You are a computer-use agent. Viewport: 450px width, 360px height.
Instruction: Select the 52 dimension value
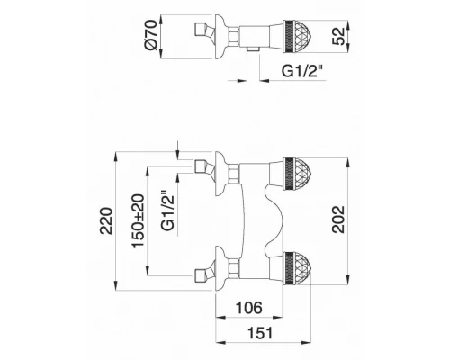[x=338, y=36]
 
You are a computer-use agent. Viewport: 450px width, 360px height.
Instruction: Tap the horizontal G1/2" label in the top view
[x=303, y=71]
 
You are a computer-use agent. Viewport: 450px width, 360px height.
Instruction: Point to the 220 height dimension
[x=106, y=220]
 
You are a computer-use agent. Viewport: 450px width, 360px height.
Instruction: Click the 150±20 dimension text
[x=139, y=221]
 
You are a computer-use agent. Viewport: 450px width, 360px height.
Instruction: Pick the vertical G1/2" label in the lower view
[x=168, y=211]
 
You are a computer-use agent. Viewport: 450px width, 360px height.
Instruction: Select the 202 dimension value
[x=338, y=220]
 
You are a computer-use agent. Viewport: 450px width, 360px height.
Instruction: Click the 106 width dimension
[x=249, y=308]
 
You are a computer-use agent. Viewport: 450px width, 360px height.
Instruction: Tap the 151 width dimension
[x=260, y=333]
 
